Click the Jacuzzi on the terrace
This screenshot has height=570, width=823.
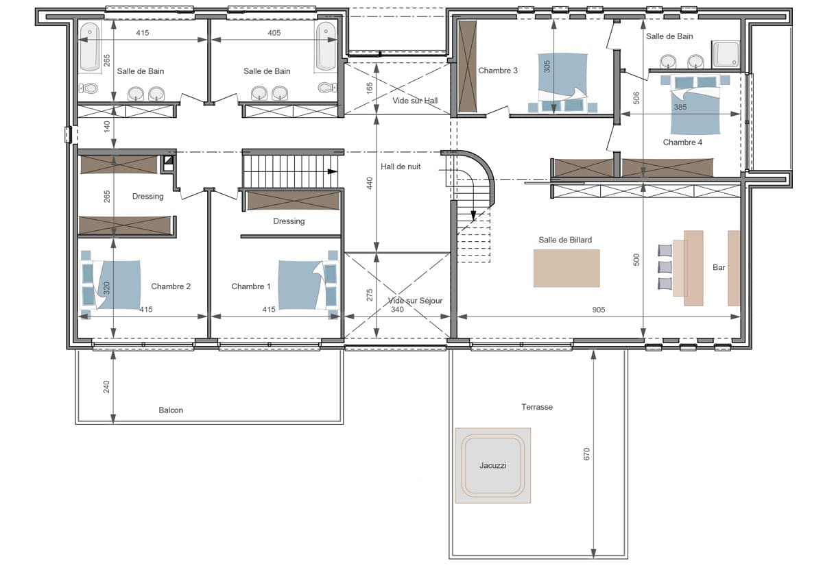pos(492,465)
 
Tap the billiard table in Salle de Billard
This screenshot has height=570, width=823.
pos(566,268)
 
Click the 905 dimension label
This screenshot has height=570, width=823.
pos(599,310)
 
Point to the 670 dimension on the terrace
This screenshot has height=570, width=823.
pos(586,454)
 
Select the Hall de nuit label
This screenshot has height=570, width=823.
pos(401,166)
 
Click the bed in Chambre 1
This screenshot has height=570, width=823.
pos(301,285)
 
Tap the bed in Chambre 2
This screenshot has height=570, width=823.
pos(117,284)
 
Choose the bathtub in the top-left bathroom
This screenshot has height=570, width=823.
pos(89,47)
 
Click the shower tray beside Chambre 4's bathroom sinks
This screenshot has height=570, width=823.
pos(726,54)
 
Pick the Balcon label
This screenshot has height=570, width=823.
pos(171,410)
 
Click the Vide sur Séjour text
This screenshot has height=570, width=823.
pos(415,301)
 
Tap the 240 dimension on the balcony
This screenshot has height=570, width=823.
pos(106,387)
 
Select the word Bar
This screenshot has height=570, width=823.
pos(719,267)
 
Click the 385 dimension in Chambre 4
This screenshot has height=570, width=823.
pos(680,107)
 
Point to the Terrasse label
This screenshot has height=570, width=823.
pos(537,407)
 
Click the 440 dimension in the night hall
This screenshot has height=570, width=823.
pos(370,183)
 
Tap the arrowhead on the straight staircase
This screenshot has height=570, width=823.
pos(333,171)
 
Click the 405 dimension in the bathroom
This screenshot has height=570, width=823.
pos(274,33)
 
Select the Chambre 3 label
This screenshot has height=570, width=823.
pos(498,71)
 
